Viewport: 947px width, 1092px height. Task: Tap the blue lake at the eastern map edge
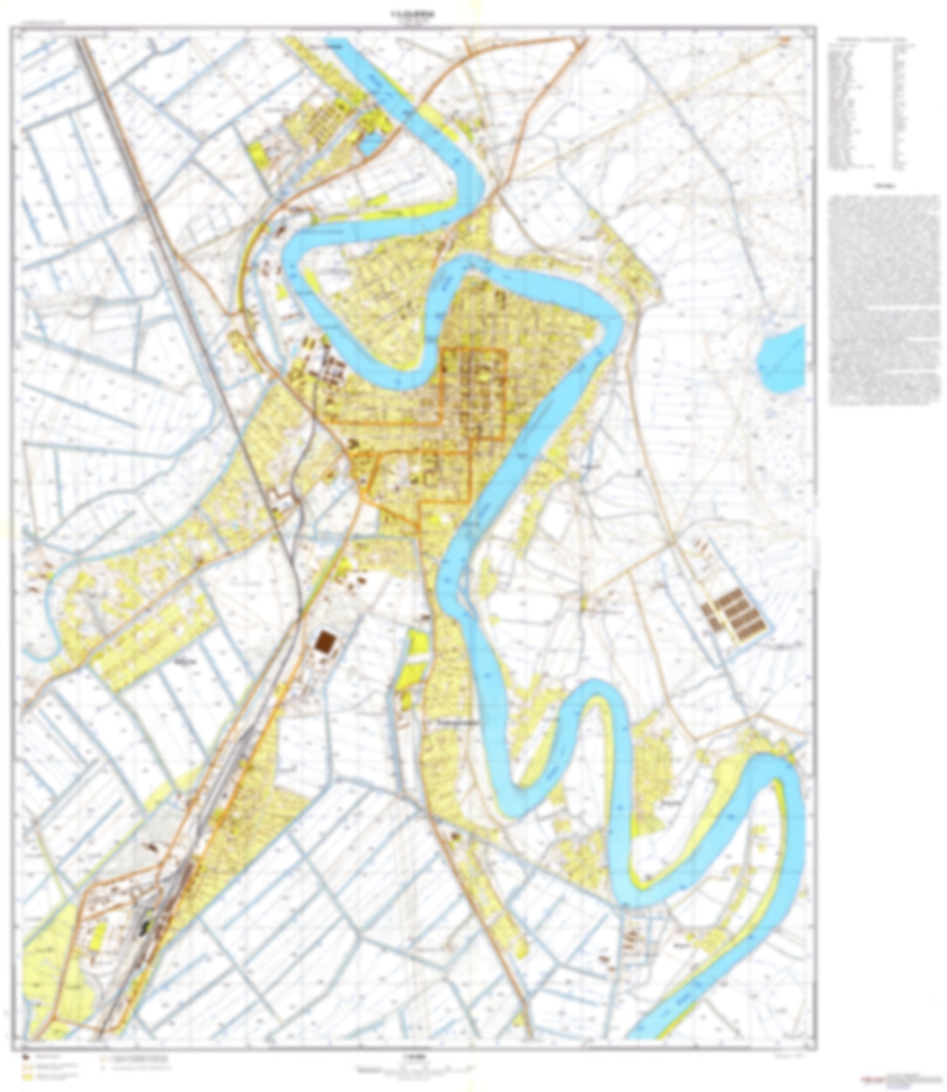781,360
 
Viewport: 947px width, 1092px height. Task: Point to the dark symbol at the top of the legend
26,1057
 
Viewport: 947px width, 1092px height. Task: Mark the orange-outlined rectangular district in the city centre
474,393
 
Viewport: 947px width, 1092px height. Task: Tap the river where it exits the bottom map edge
655,1032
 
